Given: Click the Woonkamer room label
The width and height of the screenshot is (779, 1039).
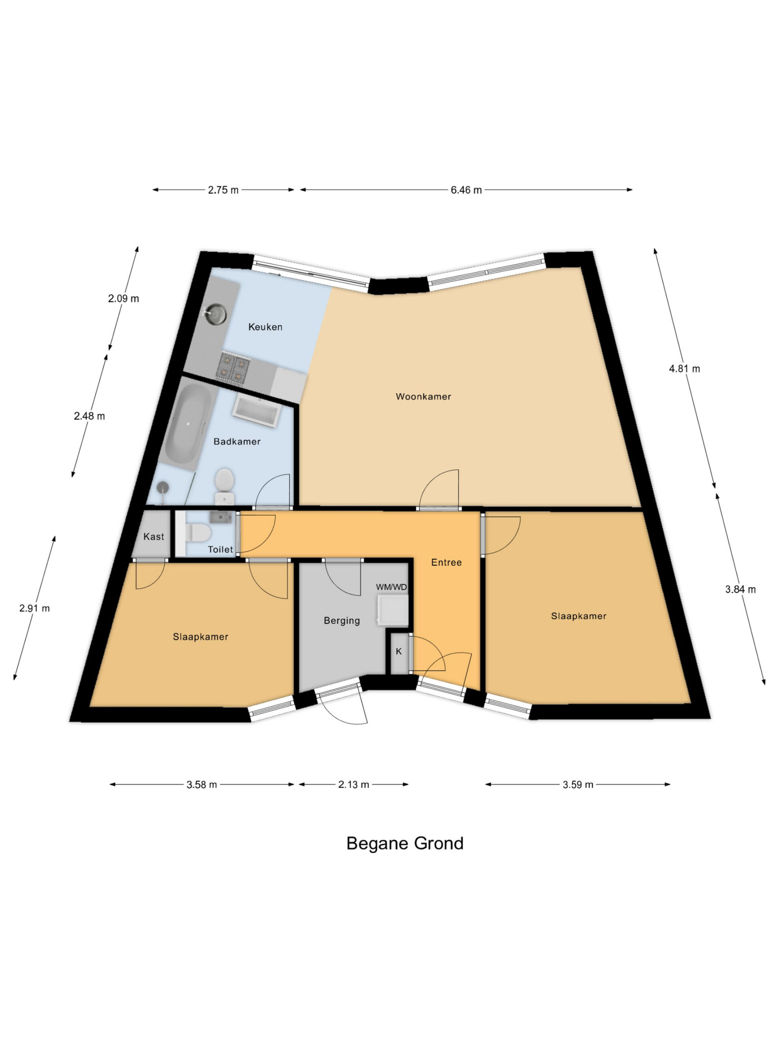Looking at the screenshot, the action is [x=423, y=397].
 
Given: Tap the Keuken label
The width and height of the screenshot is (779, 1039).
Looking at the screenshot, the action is [x=265, y=327].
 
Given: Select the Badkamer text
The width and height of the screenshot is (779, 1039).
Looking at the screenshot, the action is [x=237, y=442].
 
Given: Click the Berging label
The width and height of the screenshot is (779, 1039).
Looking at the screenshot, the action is [x=342, y=621].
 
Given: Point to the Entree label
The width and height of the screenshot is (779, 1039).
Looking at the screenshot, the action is [x=446, y=562].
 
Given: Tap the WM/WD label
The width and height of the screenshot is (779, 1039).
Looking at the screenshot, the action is [x=391, y=587].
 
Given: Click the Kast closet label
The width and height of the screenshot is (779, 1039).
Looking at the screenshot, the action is [x=153, y=537].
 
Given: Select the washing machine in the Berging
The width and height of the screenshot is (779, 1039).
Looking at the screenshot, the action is [x=392, y=611].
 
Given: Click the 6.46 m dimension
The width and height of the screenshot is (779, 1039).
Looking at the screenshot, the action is [x=466, y=190].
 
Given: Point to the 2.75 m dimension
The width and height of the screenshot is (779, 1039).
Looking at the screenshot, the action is [x=224, y=190].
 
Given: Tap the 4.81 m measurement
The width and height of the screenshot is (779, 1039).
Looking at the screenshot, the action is [x=684, y=369].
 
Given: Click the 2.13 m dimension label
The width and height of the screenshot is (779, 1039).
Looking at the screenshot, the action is [x=353, y=785].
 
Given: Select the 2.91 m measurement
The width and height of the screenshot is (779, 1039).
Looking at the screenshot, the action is [x=34, y=608].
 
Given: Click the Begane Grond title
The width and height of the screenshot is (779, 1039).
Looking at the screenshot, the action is [x=405, y=843].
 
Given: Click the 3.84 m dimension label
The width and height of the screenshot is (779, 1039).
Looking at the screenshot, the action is [x=740, y=589].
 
